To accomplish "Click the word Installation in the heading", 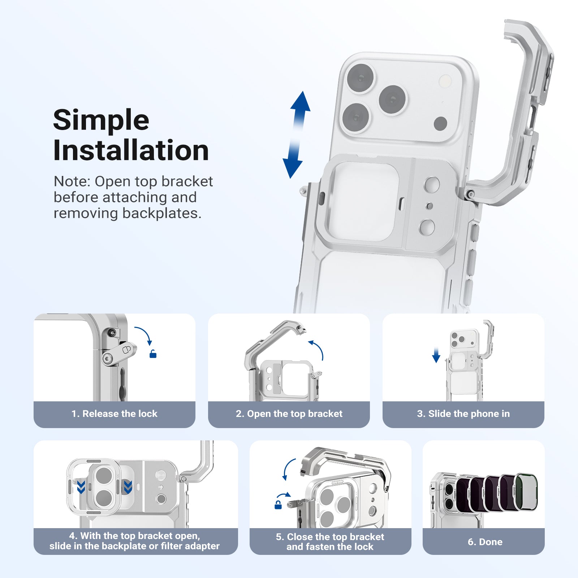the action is point(131,151).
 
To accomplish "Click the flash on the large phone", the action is point(445,81).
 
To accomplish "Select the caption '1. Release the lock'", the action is point(115,414).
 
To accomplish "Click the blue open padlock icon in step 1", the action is point(153,354).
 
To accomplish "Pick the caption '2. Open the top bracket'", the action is point(289,414).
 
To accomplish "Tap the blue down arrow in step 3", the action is point(436,355).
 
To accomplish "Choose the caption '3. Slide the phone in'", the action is point(463,414).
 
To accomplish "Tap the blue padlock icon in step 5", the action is point(278,505).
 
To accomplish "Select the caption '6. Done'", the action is point(485,542).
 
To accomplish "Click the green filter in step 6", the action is point(526,492).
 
